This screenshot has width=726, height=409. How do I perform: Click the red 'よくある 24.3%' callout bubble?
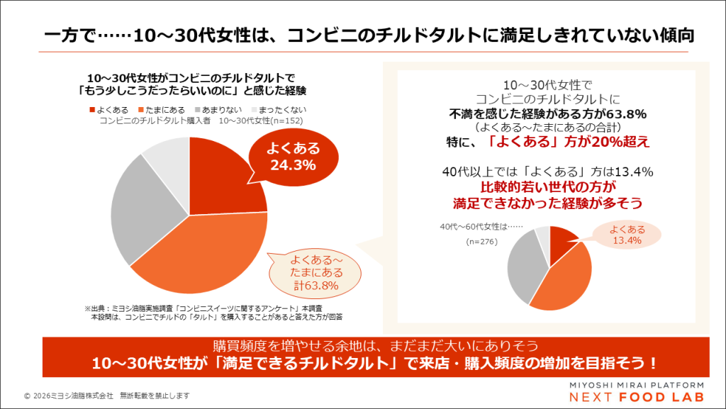coord(293,157)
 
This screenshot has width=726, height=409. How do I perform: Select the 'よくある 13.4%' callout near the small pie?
coord(627,235)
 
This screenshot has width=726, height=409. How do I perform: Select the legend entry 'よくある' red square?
coord(92,110)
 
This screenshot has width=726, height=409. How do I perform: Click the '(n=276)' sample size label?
coord(482,242)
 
